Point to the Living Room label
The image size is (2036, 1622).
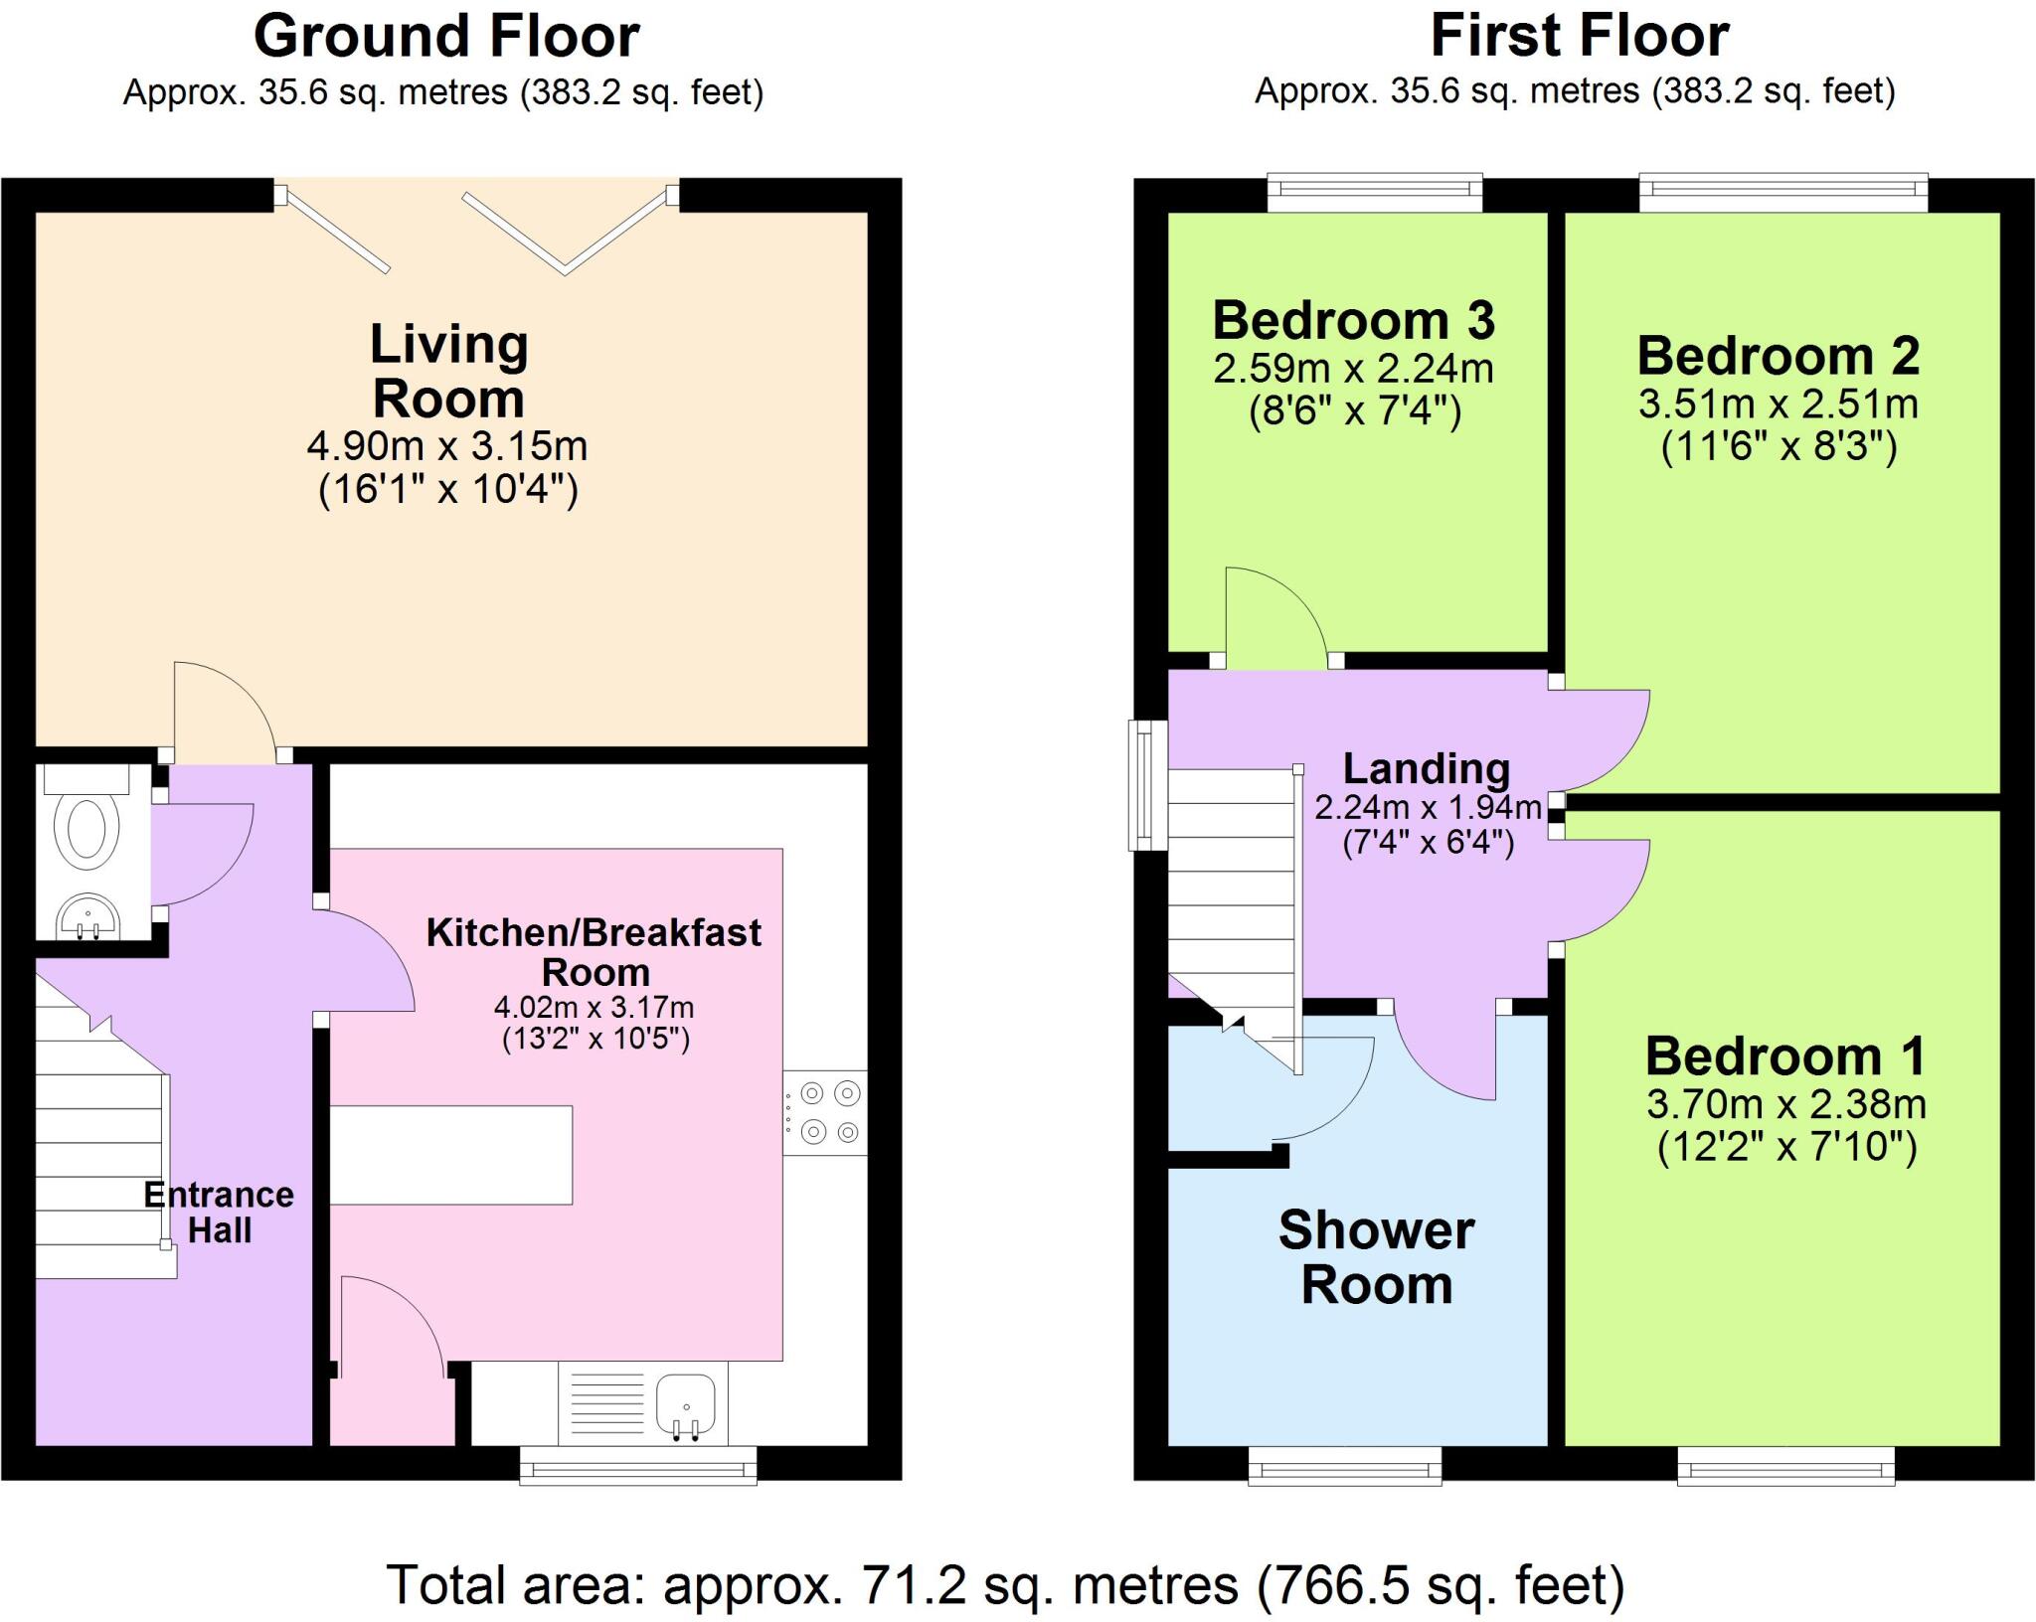point(448,372)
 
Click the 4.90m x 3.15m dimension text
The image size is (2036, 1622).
point(447,446)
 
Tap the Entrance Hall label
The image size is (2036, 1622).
point(219,1212)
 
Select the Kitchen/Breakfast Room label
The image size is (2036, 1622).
point(594,952)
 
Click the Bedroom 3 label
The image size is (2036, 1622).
point(1354,321)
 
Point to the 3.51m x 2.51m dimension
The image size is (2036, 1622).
point(1779,405)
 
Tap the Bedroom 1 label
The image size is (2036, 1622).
point(1785,1055)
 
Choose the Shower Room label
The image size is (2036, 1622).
point(1377,1257)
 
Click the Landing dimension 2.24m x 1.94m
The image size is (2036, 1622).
point(1428,807)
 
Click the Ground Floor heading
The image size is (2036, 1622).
point(446,37)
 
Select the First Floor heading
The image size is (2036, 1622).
point(1580,37)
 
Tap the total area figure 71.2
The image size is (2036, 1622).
point(914,1584)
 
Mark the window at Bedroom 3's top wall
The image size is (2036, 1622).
point(1375,193)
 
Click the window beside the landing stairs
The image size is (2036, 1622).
point(1147,785)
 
